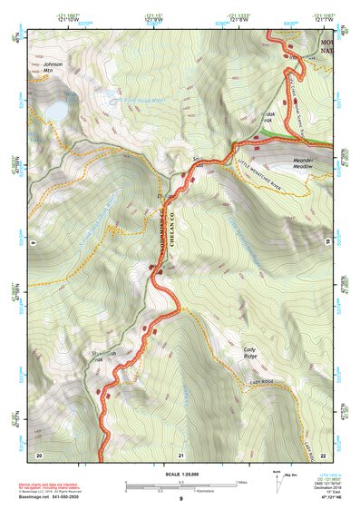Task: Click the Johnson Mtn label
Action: click(x=54, y=67)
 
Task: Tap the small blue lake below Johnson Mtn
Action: click(x=54, y=109)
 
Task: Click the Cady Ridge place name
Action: click(x=254, y=353)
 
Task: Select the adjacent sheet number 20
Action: click(x=38, y=454)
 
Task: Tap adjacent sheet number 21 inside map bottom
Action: click(x=181, y=454)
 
